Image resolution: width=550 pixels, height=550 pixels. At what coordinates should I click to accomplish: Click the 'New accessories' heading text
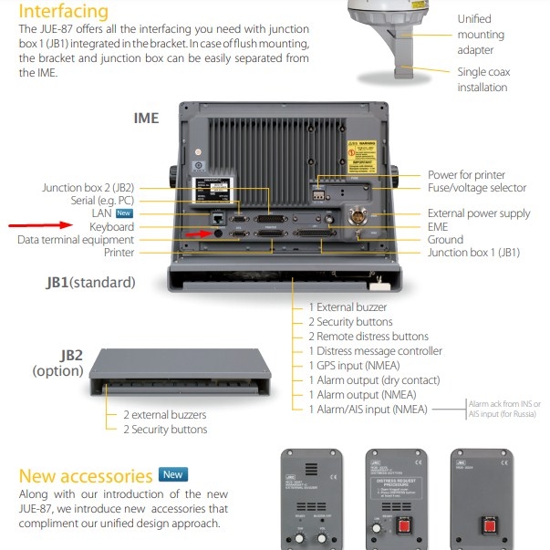(86, 475)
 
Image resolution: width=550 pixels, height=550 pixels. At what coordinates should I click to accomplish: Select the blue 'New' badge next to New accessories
(172, 474)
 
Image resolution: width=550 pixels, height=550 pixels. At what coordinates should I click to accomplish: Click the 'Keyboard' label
(111, 226)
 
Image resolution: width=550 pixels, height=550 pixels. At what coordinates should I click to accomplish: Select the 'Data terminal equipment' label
(75, 240)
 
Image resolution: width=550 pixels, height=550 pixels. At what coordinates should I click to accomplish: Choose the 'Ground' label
(445, 240)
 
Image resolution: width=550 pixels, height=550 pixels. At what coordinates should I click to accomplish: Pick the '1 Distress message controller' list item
(375, 351)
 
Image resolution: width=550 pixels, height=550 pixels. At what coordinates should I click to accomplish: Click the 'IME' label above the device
(146, 119)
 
